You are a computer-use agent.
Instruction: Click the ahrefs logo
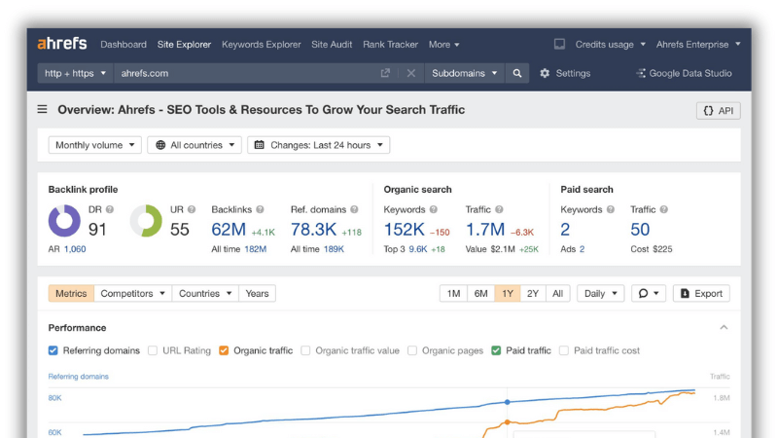click(x=62, y=44)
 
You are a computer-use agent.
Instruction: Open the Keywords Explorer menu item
click(x=261, y=44)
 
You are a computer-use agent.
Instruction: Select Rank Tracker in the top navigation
click(x=390, y=44)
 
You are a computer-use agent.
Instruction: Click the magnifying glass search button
click(x=517, y=73)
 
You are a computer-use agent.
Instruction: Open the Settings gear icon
click(x=545, y=73)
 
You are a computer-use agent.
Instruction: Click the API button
click(x=718, y=110)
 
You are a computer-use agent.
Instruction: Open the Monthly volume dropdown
click(x=94, y=145)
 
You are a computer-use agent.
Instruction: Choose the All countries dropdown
click(x=194, y=145)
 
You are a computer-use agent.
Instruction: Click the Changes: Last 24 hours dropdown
click(x=319, y=145)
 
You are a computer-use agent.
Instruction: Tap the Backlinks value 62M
click(x=229, y=230)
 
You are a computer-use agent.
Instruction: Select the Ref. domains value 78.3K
click(x=313, y=230)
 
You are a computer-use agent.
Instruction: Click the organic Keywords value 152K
click(x=404, y=230)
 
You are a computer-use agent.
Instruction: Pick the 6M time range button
click(x=480, y=294)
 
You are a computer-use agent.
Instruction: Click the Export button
click(x=701, y=294)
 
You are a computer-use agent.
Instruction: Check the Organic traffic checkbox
click(x=224, y=350)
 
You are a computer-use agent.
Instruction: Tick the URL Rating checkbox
click(x=153, y=350)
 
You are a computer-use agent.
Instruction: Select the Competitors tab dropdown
click(x=132, y=294)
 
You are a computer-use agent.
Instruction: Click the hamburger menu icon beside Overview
click(x=42, y=109)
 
